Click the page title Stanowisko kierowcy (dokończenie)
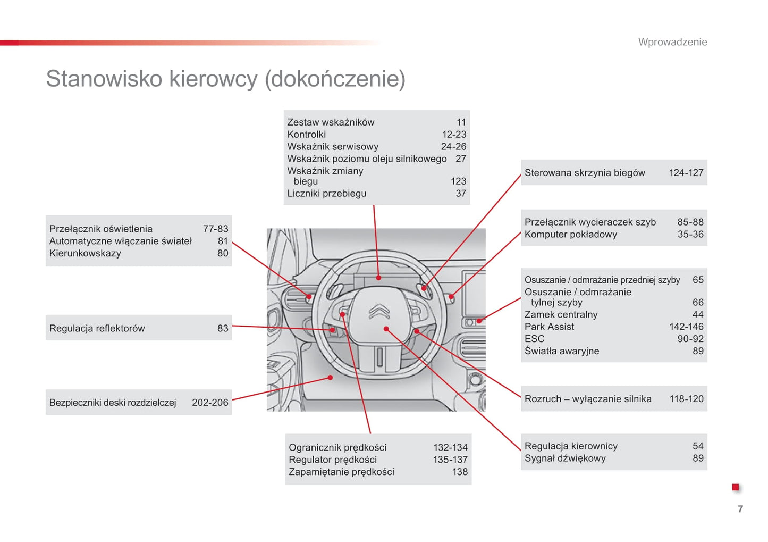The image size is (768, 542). tap(225, 79)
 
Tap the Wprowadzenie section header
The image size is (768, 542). tap(672, 42)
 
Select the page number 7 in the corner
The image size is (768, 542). tap(740, 509)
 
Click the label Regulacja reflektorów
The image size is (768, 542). tap(97, 328)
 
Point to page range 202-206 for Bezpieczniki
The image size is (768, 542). tap(210, 403)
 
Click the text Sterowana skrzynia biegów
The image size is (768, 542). tap(584, 172)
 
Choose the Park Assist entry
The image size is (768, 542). tap(549, 327)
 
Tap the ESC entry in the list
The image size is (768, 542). tap(534, 339)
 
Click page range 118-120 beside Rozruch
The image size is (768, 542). tap(686, 399)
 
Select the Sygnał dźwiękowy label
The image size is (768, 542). tap(564, 458)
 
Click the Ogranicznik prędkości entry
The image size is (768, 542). tap(337, 447)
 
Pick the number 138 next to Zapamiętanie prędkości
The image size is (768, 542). tap(460, 472)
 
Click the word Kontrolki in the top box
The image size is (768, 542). tap(306, 135)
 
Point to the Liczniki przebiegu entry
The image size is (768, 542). tap(326, 194)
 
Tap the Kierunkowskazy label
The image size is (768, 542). tap(85, 253)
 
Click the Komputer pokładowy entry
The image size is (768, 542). tap(570, 234)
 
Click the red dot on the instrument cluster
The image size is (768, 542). tap(378, 278)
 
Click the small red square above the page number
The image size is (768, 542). tap(736, 487)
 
